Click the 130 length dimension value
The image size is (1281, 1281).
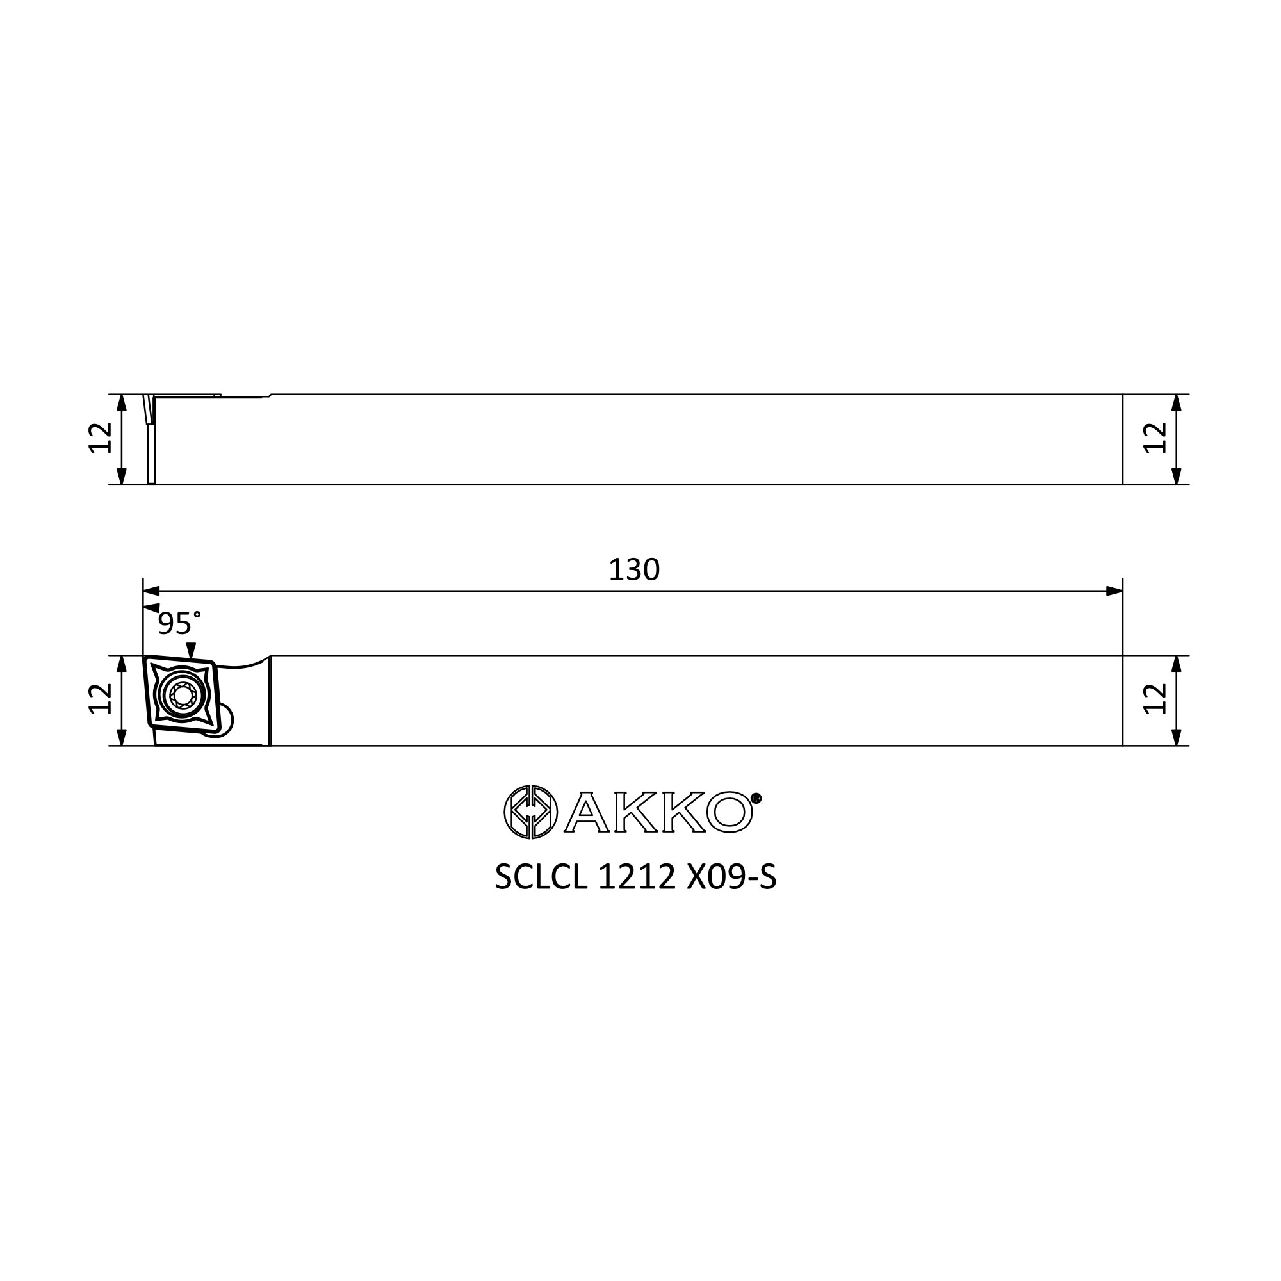point(634,569)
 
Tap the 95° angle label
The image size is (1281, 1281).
point(178,623)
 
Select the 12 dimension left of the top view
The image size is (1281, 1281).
point(100,437)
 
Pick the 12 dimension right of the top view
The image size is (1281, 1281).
point(1155,437)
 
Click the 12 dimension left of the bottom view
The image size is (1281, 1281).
point(100,699)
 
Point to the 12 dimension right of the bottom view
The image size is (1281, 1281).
point(1155,699)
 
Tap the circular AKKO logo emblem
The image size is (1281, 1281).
point(530,812)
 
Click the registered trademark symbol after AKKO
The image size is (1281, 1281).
point(756,798)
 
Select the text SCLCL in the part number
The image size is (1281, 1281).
point(541,877)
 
